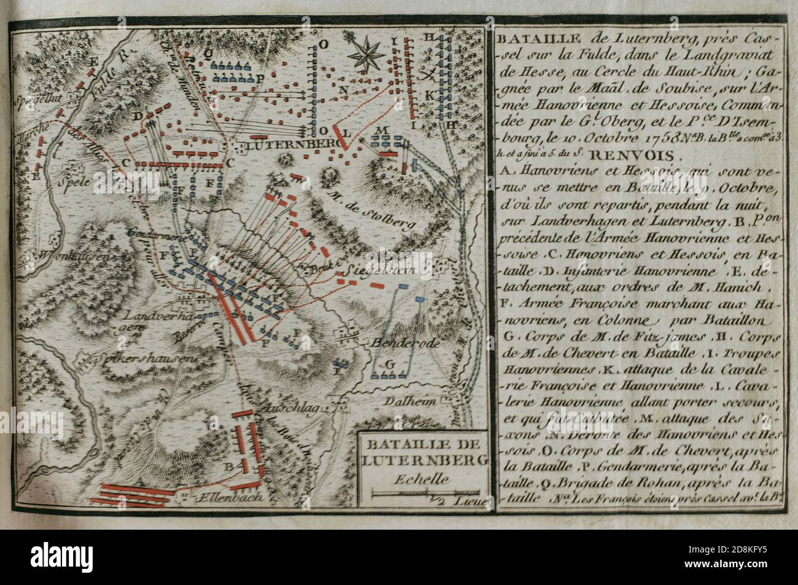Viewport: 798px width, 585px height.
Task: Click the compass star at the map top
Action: pos(366,53)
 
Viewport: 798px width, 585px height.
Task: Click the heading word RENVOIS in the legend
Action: pos(638,155)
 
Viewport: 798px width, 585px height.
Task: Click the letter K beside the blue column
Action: pos(429,95)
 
